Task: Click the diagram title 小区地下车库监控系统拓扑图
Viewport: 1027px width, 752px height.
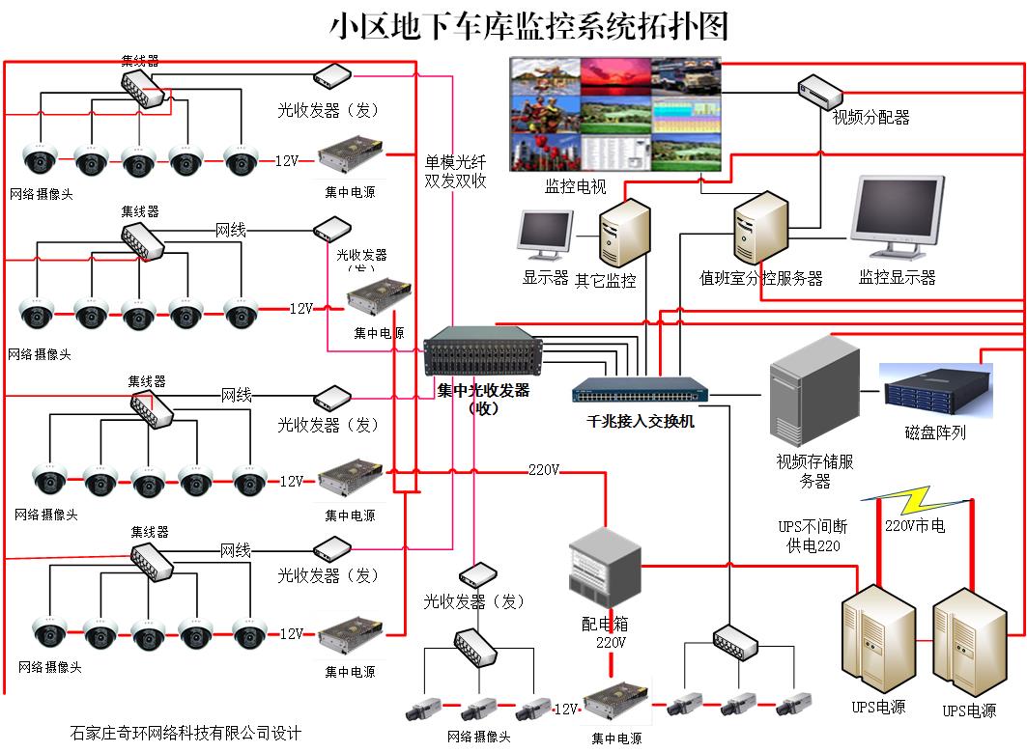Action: click(528, 26)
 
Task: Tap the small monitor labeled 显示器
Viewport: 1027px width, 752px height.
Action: click(545, 235)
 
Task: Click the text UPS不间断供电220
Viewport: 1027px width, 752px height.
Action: click(813, 536)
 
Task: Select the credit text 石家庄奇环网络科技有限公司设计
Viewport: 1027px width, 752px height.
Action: click(185, 732)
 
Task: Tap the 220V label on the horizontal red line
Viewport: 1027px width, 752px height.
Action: click(544, 470)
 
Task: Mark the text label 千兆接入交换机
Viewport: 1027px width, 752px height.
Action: click(641, 422)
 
